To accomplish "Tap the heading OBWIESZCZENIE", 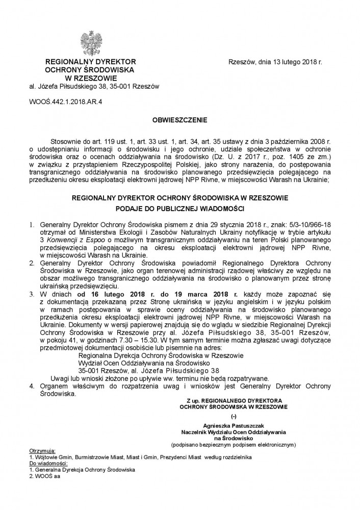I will [x=180, y=120].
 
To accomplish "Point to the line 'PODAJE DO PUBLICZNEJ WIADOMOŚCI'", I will [x=180, y=208].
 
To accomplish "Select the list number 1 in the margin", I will [x=31, y=224].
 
